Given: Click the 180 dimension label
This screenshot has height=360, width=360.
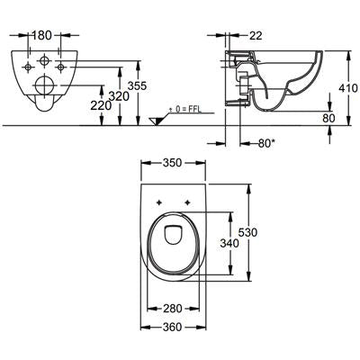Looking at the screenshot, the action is pos(41,35).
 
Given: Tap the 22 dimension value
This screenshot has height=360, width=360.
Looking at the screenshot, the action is pos(256,36).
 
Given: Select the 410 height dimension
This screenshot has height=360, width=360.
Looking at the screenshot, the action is pos(348,88).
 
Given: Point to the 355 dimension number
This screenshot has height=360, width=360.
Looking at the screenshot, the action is pos(137,85).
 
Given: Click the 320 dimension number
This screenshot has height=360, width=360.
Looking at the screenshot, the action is pos(119,96).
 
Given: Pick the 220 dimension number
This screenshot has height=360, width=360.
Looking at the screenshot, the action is pos(101,105).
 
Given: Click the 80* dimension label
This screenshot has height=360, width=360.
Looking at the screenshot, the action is pos(266,143).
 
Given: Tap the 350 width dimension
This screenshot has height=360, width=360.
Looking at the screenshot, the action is pos(173,163).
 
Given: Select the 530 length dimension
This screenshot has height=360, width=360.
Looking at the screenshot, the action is pos(247,232).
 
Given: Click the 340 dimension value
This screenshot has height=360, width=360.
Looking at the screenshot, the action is pos(229,243).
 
